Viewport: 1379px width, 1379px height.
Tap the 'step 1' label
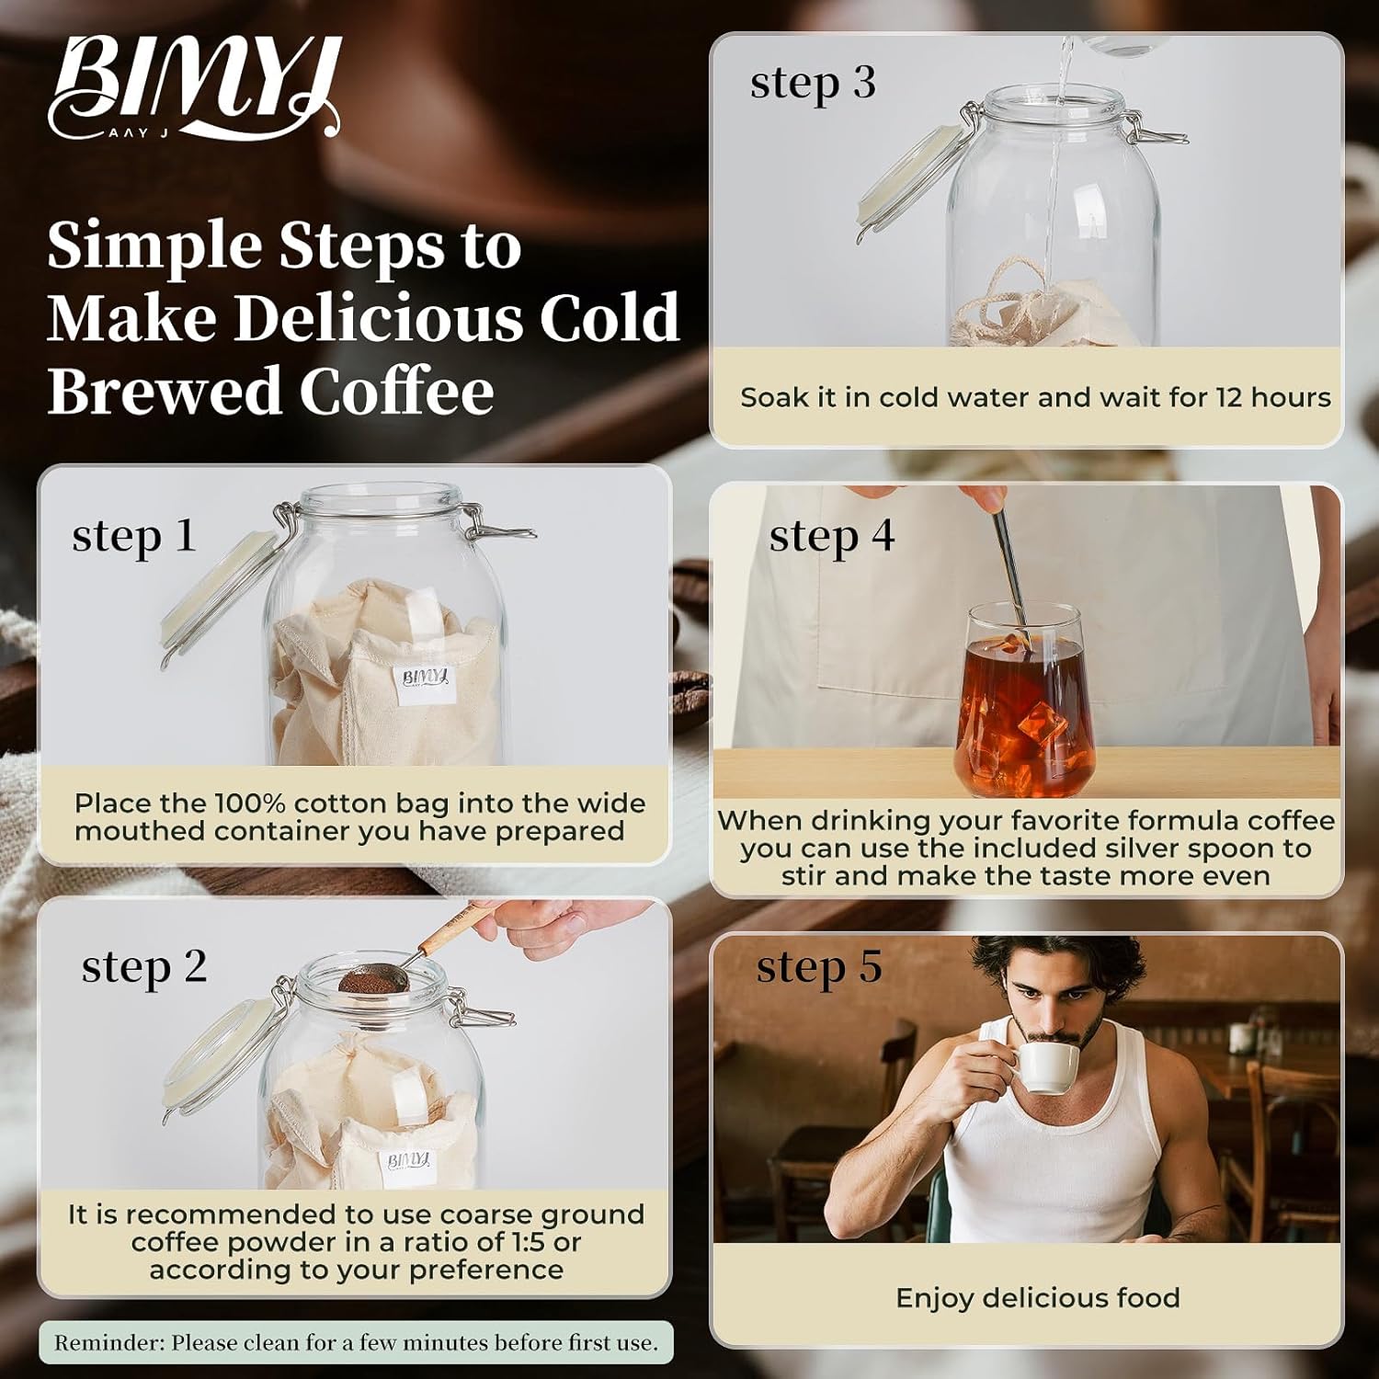[x=134, y=536]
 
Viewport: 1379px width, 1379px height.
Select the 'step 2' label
[x=144, y=966]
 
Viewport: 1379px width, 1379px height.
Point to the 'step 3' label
[x=813, y=83]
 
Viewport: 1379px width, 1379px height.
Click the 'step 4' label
[x=832, y=536]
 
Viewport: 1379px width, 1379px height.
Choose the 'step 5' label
[x=819, y=967]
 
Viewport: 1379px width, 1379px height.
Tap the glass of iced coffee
[x=1024, y=703]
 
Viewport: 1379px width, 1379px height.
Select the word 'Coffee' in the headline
[x=396, y=391]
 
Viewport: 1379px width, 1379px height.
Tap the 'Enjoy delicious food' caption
[x=1037, y=1298]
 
